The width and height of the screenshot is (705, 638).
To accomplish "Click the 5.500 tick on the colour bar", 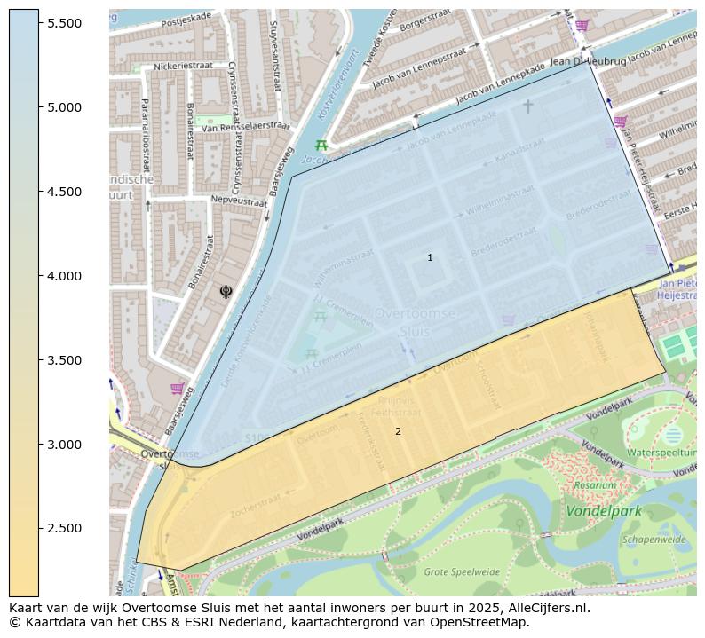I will (65, 23).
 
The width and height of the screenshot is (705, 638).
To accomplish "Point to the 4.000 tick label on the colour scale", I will (65, 276).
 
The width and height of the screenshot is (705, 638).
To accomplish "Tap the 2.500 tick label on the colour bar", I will (65, 529).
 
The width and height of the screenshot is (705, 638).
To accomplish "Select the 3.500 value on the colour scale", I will (65, 360).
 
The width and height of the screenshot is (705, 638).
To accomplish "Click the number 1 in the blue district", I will (430, 258).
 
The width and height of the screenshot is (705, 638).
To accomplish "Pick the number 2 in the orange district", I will (398, 432).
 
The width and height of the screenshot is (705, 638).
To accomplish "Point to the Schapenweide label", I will (654, 539).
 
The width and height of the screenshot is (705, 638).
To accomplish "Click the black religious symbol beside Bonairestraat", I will (226, 291).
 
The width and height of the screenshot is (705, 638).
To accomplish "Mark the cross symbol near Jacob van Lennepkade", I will (527, 106).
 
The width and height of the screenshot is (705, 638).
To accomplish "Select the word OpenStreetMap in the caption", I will (481, 623).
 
